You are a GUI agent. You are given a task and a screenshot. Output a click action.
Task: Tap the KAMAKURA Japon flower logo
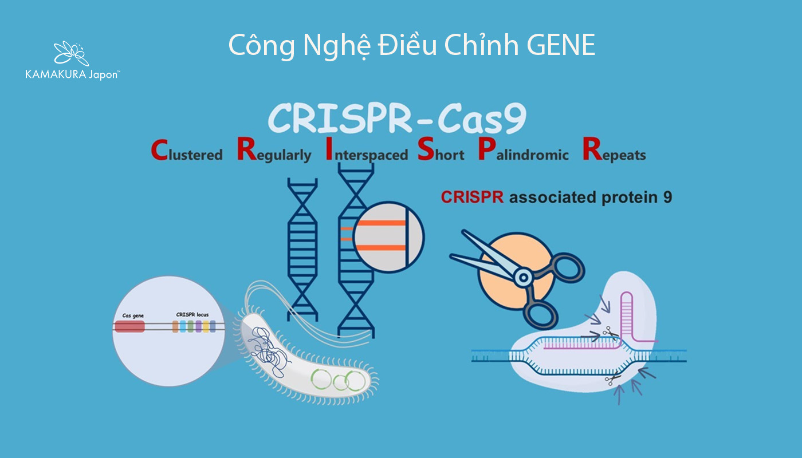coord(72,53)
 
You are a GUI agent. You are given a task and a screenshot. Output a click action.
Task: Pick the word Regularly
coord(274,152)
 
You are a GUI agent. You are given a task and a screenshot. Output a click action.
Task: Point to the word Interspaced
coord(367,152)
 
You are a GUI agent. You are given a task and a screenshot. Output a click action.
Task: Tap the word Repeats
coord(614,152)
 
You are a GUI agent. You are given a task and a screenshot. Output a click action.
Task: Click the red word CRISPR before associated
coord(473,197)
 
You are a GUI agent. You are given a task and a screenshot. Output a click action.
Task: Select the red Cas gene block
coord(129,326)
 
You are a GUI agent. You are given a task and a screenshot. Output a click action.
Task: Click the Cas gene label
coord(133,315)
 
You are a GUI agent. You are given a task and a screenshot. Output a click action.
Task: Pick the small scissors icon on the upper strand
coord(608,332)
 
